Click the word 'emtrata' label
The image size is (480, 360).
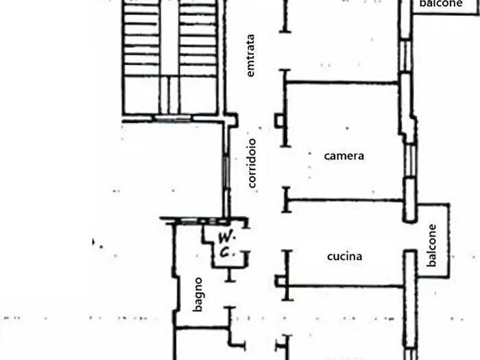(250, 56)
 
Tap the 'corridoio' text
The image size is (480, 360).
(252, 163)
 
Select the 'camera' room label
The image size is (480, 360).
(344, 156)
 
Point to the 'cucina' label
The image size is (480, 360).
(345, 256)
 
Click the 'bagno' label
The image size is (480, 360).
(198, 294)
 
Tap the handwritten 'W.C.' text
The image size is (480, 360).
(226, 245)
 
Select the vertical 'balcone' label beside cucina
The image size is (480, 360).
(431, 245)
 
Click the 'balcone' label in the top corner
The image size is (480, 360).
(441, 3)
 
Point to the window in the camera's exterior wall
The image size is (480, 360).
(410, 160)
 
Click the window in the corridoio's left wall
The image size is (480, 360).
(226, 171)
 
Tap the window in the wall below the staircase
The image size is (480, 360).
(172, 118)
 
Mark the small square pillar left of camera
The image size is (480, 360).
(279, 120)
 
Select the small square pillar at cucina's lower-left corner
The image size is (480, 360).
(280, 281)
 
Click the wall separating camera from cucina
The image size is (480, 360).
(346, 200)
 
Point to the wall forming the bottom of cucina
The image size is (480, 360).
(346, 286)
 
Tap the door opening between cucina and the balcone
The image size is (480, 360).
(410, 236)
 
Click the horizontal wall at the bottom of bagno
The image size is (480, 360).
(203, 328)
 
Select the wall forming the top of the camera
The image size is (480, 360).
(343, 82)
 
